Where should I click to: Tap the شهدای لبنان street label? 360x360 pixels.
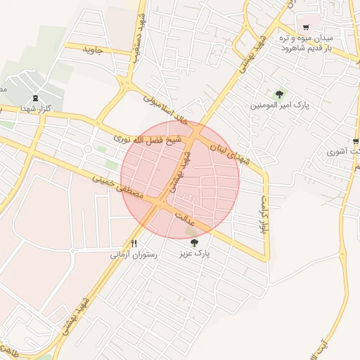pyautogui.click(x=227, y=149)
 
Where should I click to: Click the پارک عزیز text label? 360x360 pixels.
pyautogui.click(x=194, y=252)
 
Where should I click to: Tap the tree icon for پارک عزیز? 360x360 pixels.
pyautogui.click(x=194, y=242)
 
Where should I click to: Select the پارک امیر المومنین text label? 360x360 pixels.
pyautogui.click(x=280, y=105)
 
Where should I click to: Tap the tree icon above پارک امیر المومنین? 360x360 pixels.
pyautogui.click(x=280, y=94)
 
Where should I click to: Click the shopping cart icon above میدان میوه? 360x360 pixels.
pyautogui.click(x=306, y=27)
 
